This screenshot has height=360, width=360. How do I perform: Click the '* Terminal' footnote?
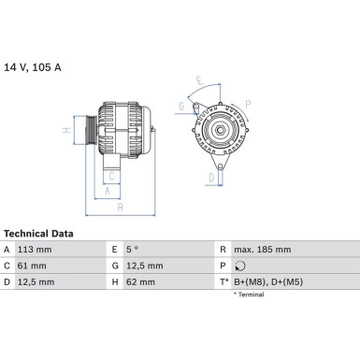tap(248, 295)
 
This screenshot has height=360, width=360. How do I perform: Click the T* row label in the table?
tap(224, 282)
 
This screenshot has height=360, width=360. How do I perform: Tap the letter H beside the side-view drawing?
tap(65, 132)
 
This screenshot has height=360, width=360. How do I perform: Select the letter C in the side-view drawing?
tap(111, 175)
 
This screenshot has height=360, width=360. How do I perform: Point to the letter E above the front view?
tap(198, 80)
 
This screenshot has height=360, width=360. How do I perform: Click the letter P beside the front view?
tap(246, 103)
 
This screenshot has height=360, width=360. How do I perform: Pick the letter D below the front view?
tap(212, 175)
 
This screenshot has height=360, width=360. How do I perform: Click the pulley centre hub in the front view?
tap(223, 128)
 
